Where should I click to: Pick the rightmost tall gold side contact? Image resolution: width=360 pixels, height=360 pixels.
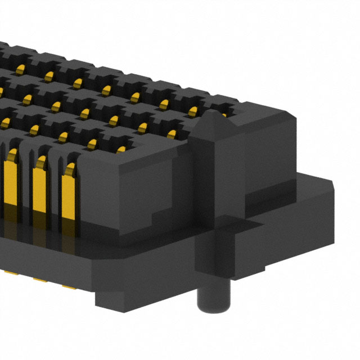(69, 191)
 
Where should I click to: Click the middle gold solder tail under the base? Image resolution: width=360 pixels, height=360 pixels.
(39, 278)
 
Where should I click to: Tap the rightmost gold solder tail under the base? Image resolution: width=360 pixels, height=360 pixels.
(69, 286)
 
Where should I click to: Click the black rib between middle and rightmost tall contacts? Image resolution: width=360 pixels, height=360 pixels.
(55, 186)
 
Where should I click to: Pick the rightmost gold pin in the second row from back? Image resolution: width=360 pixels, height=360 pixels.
(193, 110)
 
